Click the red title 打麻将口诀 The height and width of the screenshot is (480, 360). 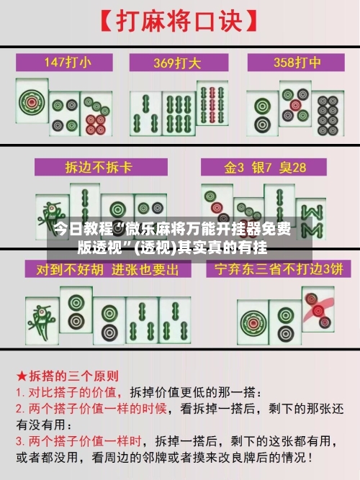coord(180,21)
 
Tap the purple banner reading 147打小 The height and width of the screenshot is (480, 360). coord(66,61)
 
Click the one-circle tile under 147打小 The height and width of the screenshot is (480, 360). coord(32,106)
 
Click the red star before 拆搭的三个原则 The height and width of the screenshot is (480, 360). coord(22,376)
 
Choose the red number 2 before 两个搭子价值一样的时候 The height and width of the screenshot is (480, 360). coord(19,408)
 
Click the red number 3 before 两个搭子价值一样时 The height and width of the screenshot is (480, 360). coord(19,440)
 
